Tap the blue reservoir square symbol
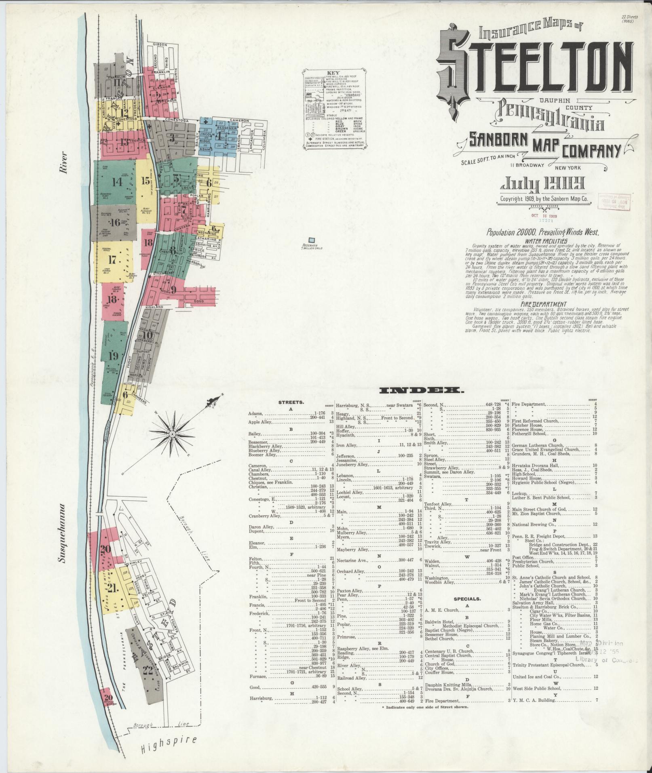[312, 240]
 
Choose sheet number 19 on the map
[113, 356]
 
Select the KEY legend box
[336, 109]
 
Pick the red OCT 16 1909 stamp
[544, 216]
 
